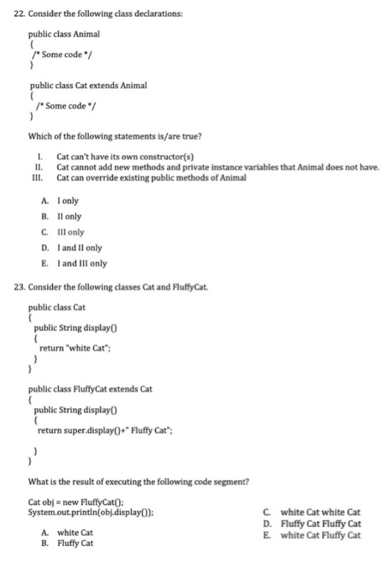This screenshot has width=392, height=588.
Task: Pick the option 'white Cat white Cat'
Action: pos(320,512)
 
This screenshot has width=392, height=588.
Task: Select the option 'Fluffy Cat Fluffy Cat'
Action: pos(320,523)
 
